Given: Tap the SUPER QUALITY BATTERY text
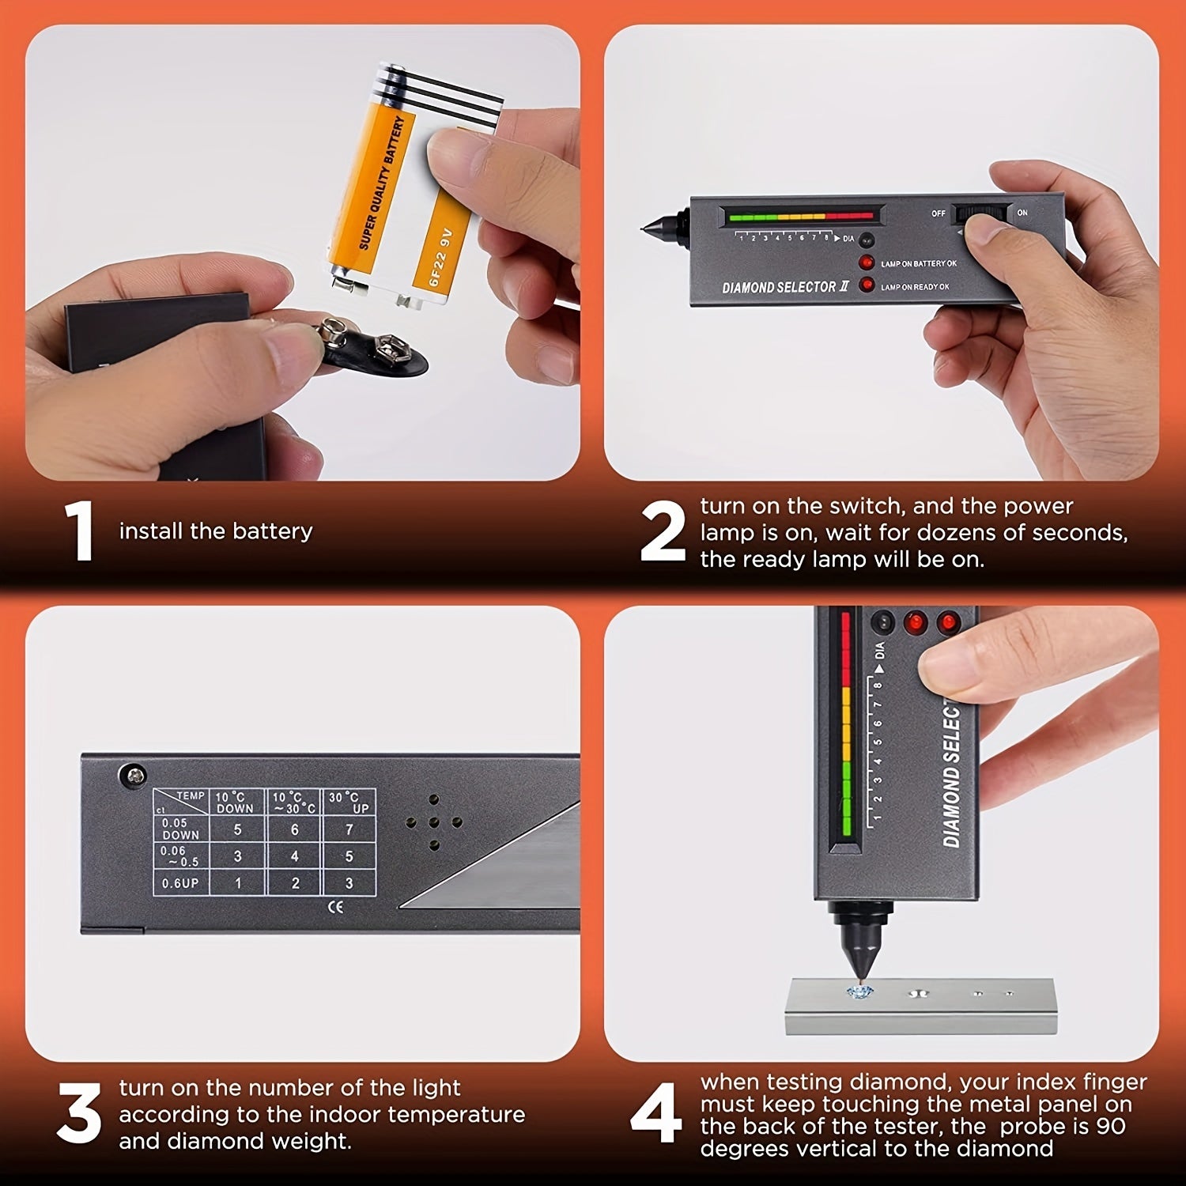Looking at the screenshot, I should [381, 183].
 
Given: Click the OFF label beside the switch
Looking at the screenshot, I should [939, 213].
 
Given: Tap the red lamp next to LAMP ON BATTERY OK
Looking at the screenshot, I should [867, 263].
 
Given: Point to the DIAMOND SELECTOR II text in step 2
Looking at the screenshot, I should [785, 287].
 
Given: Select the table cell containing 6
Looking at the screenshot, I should [294, 829].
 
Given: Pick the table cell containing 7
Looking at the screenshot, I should [349, 829].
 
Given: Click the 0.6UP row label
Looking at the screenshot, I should [180, 883].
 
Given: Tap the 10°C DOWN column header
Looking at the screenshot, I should [236, 802].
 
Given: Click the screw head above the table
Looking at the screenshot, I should [132, 775].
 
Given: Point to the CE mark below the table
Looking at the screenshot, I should [336, 907].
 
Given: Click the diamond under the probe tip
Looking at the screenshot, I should [859, 991].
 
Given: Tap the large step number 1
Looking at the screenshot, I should [80, 531].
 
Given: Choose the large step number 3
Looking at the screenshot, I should [79, 1113].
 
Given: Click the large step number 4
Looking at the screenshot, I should [656, 1113].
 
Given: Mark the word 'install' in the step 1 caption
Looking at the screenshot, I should [150, 531].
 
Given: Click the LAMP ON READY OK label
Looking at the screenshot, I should [915, 287].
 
